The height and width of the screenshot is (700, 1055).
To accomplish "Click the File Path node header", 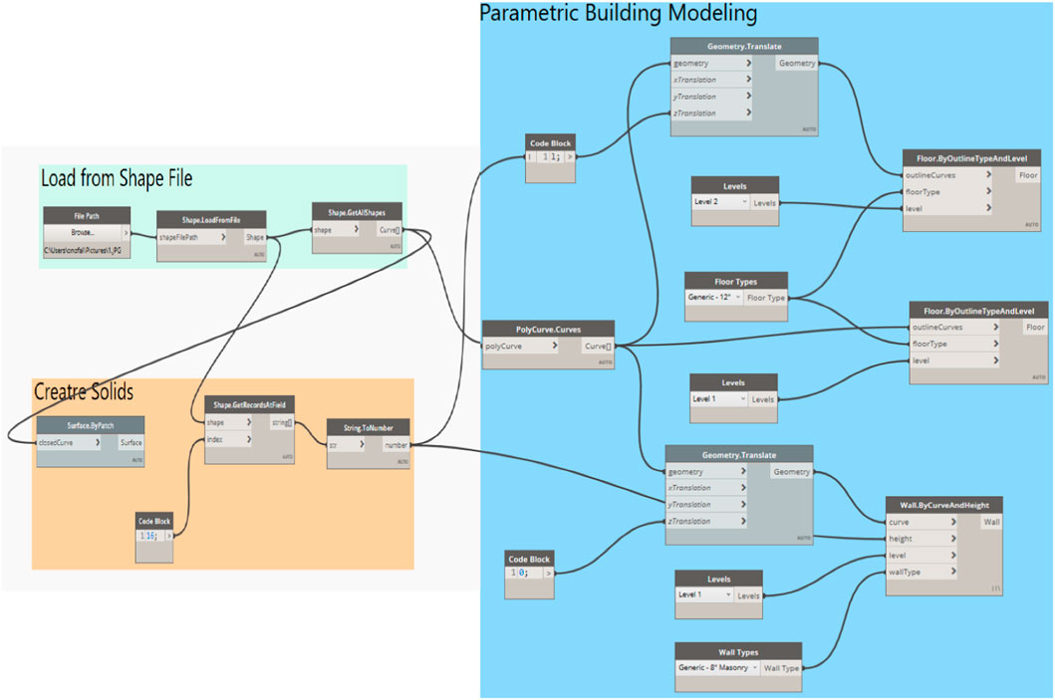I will pos(87,214).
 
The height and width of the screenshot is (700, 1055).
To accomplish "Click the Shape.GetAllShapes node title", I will pos(356,210).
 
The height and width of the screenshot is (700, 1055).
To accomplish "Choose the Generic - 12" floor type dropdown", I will pos(713,298).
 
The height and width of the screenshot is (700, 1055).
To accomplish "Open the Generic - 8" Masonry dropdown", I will pos(717,667).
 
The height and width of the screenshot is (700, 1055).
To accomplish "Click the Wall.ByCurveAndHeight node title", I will pos(943,504).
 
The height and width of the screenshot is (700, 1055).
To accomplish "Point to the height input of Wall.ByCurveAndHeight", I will pos(922,539).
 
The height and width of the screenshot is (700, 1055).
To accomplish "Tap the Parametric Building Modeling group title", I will pos(618,14).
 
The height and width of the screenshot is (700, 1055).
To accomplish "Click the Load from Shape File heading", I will pos(117,179).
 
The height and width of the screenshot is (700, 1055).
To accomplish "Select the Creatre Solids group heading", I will pos(84,392).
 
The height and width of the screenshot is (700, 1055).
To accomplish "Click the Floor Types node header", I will pos(736,281).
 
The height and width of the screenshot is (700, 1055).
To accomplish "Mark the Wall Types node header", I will pos(738,650).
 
